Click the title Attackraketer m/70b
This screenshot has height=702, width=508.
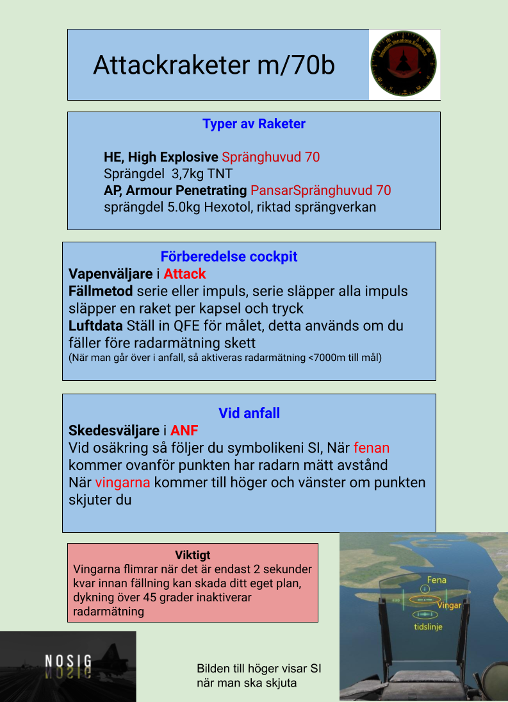(214, 65)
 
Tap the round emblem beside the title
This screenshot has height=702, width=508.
(404, 64)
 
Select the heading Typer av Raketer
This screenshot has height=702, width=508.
(254, 124)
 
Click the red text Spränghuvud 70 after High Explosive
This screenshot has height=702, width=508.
(271, 157)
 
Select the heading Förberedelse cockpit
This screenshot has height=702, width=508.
(229, 257)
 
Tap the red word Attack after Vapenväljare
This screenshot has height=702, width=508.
(184, 274)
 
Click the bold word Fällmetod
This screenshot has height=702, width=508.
(101, 291)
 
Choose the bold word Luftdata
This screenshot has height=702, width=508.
(95, 326)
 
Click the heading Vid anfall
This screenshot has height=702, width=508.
(249, 413)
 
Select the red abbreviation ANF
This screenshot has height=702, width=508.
(184, 431)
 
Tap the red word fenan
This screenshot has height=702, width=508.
(372, 447)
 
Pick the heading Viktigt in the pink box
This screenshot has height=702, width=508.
(192, 555)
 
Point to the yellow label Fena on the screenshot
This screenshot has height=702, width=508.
(436, 580)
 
